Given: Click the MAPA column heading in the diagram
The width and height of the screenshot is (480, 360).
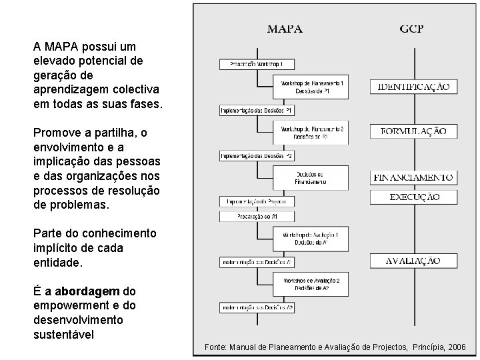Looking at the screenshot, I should (285, 29).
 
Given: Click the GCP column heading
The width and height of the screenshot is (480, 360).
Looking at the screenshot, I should (412, 29).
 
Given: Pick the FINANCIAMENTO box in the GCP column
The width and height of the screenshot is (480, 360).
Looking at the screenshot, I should (413, 177).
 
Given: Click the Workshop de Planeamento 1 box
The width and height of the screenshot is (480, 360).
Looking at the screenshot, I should (311, 87).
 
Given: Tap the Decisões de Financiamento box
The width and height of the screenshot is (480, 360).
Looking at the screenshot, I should (311, 177).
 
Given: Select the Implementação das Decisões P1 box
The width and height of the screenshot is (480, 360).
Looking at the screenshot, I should (257, 109).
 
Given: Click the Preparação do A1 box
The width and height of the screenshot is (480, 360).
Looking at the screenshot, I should (257, 217).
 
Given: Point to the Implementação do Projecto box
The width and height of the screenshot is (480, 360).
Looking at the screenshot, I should (257, 201).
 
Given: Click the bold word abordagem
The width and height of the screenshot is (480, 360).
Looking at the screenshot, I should (87, 291).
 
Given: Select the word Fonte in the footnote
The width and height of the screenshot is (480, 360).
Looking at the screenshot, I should (215, 347).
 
